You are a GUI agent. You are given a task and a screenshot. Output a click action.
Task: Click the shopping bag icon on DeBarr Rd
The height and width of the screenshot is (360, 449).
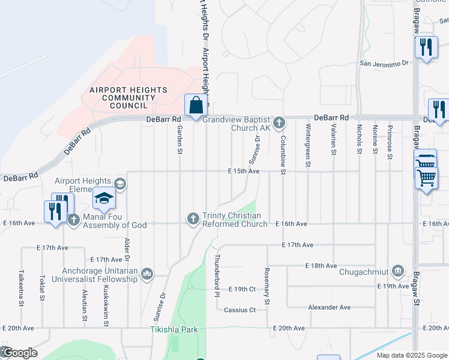pyautogui.click(x=196, y=106)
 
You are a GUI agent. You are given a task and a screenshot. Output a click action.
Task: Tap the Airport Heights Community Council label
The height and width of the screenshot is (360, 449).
pyautogui.click(x=128, y=98)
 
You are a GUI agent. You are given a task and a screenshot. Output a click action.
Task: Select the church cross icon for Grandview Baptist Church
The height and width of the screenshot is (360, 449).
pyautogui.click(x=279, y=123)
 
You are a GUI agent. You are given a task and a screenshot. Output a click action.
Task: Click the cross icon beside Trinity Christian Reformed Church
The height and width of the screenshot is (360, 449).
pyautogui.click(x=193, y=219)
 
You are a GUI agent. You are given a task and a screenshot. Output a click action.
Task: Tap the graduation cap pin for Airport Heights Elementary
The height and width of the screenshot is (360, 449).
pyautogui.click(x=104, y=199)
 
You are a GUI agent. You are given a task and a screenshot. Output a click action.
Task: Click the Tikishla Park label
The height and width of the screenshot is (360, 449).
pyautogui.click(x=173, y=330)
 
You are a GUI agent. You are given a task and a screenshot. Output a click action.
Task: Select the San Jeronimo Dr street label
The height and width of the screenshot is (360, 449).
pyautogui.click(x=384, y=62)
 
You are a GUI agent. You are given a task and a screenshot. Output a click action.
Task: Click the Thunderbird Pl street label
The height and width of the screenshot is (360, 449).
pyautogui.click(x=217, y=275)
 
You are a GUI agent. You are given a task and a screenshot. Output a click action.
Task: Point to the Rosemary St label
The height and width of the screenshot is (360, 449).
pyautogui.click(x=268, y=287)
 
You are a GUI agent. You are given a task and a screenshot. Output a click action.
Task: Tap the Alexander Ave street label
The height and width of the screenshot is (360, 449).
pyautogui.click(x=329, y=307)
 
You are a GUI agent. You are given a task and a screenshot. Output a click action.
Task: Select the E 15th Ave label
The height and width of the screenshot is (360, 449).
pyautogui.click(x=243, y=172)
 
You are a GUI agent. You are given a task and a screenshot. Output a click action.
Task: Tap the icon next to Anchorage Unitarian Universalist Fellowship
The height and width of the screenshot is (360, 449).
pyautogui.click(x=148, y=275)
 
